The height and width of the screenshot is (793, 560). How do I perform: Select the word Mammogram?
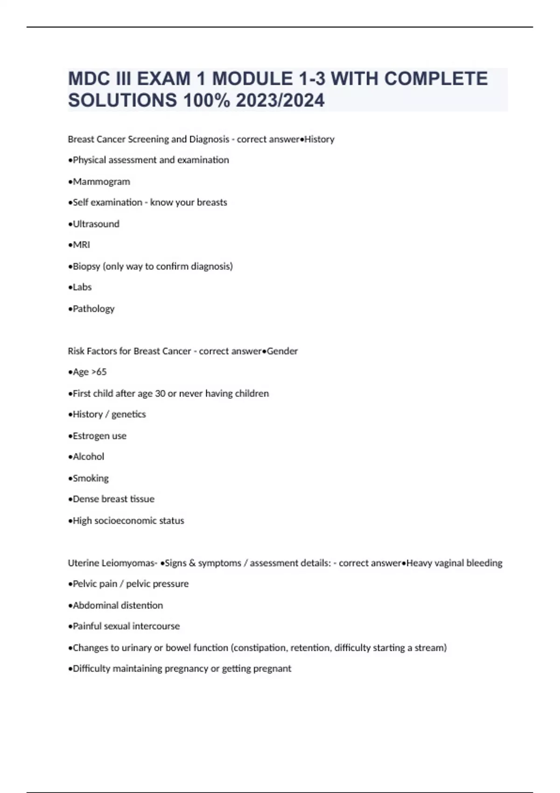coord(101,181)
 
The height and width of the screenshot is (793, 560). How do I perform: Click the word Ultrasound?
coord(96,224)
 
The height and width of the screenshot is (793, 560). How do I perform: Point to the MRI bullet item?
coord(81,245)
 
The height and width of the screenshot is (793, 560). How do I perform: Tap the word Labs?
coord(82,287)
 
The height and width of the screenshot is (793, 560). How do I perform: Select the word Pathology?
coord(93,309)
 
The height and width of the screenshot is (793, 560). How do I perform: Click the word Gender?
coord(282,351)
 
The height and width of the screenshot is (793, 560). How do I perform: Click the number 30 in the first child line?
coord(160,394)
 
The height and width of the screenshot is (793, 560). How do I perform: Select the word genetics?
coord(128,415)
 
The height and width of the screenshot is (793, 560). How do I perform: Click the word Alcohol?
coord(88,457)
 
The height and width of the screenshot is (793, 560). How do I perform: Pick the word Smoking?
coord(91,479)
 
